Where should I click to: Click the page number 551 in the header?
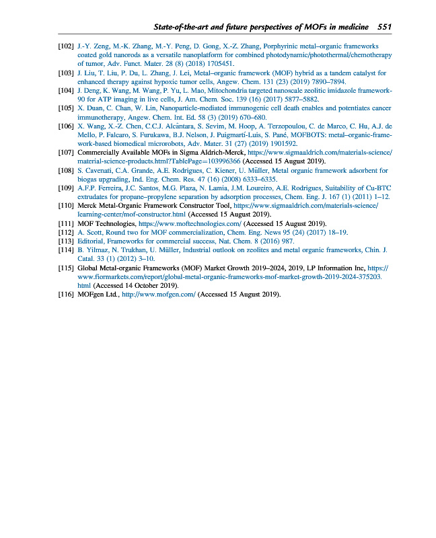point(384,27)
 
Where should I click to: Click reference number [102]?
point(65,46)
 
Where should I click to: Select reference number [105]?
point(65,108)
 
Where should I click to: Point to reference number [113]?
point(65,240)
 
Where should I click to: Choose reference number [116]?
point(65,293)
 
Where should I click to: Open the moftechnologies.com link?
point(190,223)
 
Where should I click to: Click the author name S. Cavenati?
point(96,170)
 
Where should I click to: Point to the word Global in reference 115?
point(88,267)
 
